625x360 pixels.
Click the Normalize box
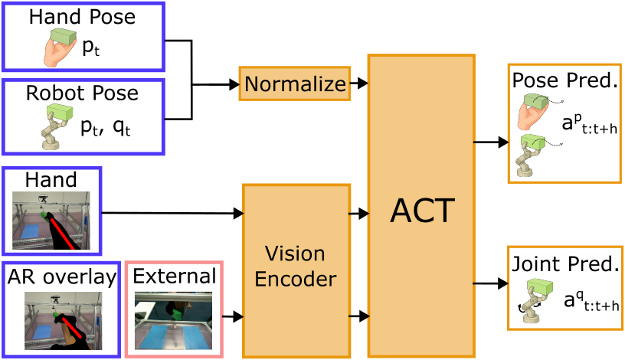(295, 83)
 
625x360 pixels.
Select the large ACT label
(421, 209)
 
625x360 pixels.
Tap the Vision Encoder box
(296, 266)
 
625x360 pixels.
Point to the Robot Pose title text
(82, 93)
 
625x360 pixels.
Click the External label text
(174, 276)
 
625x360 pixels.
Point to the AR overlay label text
(61, 277)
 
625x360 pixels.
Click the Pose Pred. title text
(564, 80)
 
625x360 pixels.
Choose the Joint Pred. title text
(564, 265)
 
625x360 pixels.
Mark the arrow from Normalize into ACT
(359, 80)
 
